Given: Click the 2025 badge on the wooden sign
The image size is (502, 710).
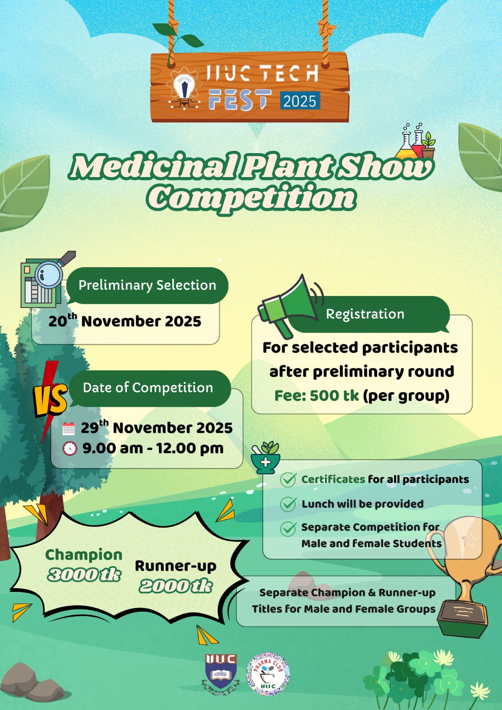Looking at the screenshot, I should (300, 101).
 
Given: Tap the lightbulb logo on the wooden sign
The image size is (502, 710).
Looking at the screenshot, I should (182, 87).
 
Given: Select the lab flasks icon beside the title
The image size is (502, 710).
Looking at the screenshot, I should (415, 142).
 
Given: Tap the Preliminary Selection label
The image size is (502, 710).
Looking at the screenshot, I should (147, 285).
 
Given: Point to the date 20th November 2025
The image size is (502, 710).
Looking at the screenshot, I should (125, 321).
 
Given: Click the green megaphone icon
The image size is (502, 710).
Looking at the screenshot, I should (289, 304).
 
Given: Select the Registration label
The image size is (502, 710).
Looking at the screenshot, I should (365, 314).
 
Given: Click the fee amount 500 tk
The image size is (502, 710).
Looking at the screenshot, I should (334, 395).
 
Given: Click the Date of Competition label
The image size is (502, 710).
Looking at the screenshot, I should (148, 388).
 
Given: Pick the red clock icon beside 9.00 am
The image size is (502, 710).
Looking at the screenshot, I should (70, 449).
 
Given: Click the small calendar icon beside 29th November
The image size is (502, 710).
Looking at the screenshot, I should (68, 429).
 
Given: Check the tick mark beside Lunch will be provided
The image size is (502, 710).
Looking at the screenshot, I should (289, 504).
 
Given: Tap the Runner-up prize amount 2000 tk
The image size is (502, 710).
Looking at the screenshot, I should (176, 586).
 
